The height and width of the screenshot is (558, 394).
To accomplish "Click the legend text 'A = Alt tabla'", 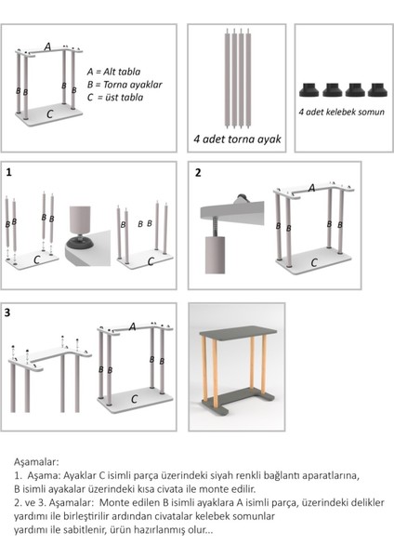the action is tap(113, 72).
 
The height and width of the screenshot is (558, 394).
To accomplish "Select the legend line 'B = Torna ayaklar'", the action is tap(125, 85).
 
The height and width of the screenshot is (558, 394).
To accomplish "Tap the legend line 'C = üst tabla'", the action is tap(115, 97).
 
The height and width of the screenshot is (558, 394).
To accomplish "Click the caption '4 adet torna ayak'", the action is tap(237, 139).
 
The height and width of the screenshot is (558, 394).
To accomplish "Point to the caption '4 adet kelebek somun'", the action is tap(341, 113).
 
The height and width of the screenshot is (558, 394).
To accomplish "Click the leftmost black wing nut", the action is tap(309, 89).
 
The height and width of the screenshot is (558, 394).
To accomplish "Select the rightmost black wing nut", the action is tap(377, 89).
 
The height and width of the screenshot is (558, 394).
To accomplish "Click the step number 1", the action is tap(9, 173).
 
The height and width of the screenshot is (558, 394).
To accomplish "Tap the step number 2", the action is tap(198, 173).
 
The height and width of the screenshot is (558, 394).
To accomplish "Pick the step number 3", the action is tap(7, 312).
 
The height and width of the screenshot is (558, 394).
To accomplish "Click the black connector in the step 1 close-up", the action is tap(80, 243).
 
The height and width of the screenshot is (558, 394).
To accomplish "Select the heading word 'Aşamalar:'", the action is tap(36, 462).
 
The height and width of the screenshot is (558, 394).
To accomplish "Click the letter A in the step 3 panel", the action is tap(133, 326).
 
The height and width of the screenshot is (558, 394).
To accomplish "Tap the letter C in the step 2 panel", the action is tap(314, 263).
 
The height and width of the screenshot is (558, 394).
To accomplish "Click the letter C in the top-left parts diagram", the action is tap(50, 113).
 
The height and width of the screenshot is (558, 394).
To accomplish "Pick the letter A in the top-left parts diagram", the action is tap(47, 46).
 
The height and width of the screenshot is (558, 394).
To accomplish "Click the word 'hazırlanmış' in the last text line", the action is tap(155, 530).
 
